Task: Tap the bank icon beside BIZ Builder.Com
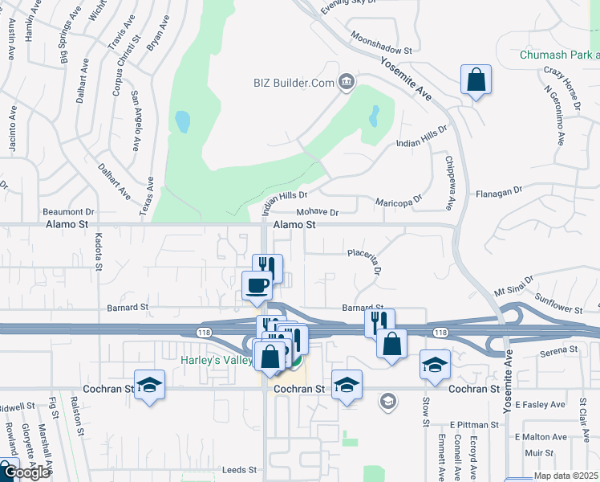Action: tap(347, 80)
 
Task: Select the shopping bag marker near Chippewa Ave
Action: tap(476, 81)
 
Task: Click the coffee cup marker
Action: tap(257, 285)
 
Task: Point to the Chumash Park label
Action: tap(559, 55)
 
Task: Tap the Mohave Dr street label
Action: tap(318, 213)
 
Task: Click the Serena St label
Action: tap(559, 349)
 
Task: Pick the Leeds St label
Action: tap(240, 469)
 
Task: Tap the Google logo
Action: tap(26, 472)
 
